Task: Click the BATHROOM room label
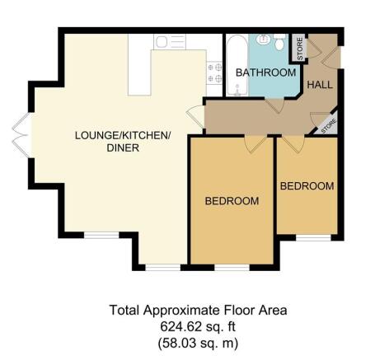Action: [x=265, y=72]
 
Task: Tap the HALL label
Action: [x=320, y=85]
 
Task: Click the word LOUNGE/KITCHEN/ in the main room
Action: [x=123, y=135]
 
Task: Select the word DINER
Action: [x=123, y=148]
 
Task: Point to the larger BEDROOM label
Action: [x=232, y=201]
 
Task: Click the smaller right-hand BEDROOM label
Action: [x=307, y=186]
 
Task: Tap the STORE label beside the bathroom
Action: [x=300, y=49]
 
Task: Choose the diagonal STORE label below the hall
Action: [x=328, y=126]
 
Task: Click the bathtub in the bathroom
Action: [x=237, y=65]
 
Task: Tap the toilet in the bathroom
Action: [x=279, y=42]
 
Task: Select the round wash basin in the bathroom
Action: [x=263, y=39]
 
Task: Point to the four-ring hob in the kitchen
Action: [x=214, y=72]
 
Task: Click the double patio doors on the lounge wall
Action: [x=21, y=135]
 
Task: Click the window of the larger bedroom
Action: [x=232, y=267]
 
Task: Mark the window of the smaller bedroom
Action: [x=313, y=237]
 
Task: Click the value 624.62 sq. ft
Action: [x=198, y=327]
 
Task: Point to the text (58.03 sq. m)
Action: [x=198, y=343]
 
